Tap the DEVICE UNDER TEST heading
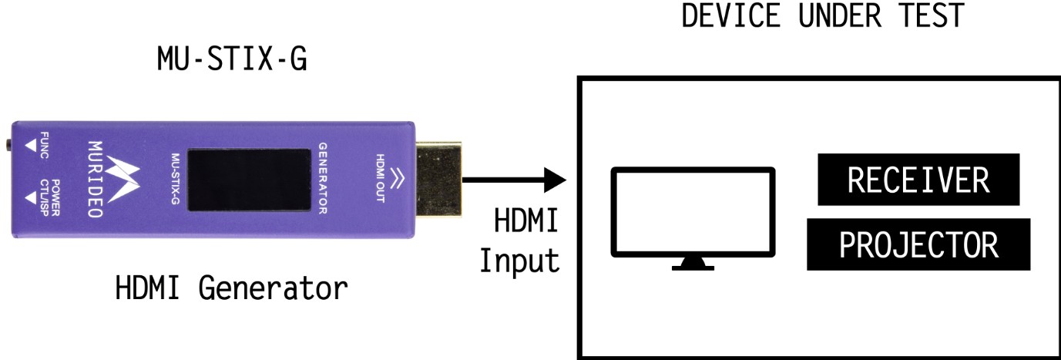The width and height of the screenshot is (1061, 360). click(x=822, y=15)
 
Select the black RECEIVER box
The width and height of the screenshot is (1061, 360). click(x=918, y=180)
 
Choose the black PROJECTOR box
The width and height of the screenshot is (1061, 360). click(x=918, y=245)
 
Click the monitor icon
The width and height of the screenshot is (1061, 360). click(x=692, y=213)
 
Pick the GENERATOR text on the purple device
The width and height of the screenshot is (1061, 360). click(x=323, y=178)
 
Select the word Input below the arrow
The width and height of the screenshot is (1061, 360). click(x=519, y=261)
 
